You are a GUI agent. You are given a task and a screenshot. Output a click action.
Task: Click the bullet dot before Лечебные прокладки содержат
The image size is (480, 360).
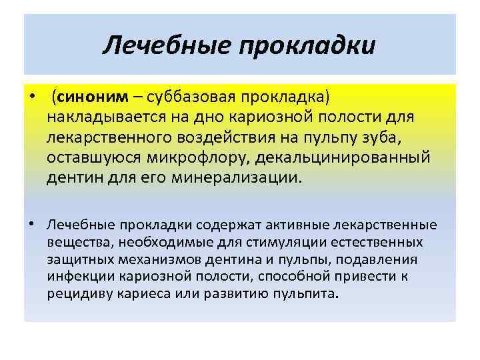point(32,224)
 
